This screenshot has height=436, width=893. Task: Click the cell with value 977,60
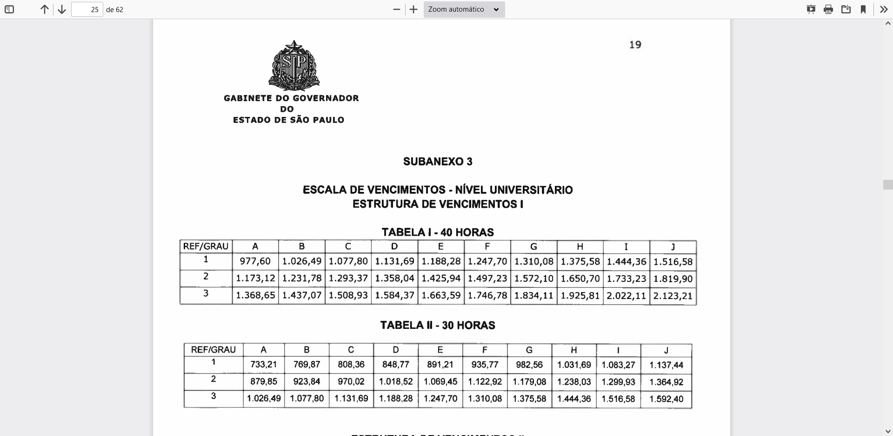tap(255, 262)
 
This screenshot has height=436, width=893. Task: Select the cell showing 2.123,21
tap(673, 296)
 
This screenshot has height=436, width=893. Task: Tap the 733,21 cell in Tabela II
tap(263, 365)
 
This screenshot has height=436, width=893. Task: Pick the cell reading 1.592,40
tap(666, 399)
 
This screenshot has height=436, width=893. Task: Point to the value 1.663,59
tap(440, 296)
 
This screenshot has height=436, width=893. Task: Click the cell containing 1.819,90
tap(673, 279)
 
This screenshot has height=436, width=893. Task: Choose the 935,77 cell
tap(485, 365)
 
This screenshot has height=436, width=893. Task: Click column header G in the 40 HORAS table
tap(533, 247)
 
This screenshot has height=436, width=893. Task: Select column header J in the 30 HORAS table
tap(666, 350)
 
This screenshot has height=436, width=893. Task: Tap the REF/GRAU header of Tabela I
tap(206, 246)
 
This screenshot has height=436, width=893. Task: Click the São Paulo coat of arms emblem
tap(294, 66)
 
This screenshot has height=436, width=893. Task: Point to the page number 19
tap(635, 45)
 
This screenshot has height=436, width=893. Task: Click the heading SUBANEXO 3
tap(438, 162)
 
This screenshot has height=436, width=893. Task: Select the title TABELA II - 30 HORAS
tap(438, 325)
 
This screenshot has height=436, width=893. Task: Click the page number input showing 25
tap(87, 9)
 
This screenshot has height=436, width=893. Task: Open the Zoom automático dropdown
tap(464, 9)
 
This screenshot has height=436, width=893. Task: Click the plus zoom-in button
tap(413, 9)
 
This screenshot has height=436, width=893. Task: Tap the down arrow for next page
tap(61, 9)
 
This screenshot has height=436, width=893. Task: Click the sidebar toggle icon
tap(9, 9)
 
